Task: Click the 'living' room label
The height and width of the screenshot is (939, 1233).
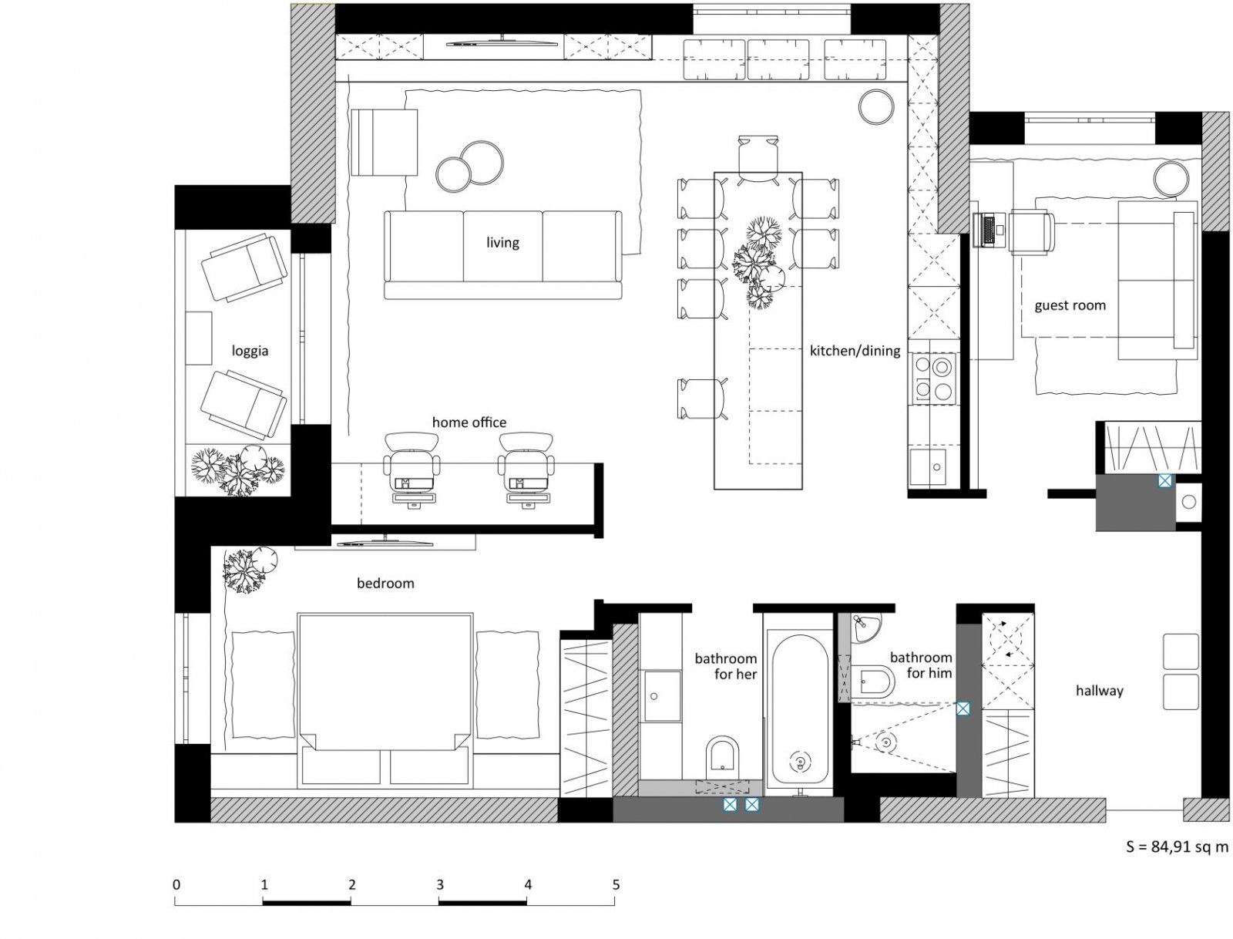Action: click(x=502, y=243)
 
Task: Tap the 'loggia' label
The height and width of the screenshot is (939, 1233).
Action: click(x=250, y=352)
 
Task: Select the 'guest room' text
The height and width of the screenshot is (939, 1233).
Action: click(x=1070, y=306)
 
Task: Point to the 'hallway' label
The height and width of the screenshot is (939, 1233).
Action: click(x=1100, y=691)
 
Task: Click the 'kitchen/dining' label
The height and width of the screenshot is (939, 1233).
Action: click(x=855, y=351)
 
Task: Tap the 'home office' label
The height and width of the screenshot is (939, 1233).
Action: click(x=469, y=422)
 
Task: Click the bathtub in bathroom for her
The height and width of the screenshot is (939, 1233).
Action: click(x=800, y=709)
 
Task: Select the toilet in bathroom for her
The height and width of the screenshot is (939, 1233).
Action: click(x=722, y=755)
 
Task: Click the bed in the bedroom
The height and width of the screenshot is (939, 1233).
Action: click(x=385, y=699)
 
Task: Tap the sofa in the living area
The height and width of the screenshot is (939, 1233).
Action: click(x=503, y=254)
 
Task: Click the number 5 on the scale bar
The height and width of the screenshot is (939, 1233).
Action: click(x=616, y=885)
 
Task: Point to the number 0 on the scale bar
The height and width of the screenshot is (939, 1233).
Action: click(x=176, y=885)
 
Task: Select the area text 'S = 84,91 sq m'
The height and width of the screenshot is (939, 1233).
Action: click(x=1177, y=847)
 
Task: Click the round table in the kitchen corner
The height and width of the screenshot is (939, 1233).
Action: click(x=876, y=106)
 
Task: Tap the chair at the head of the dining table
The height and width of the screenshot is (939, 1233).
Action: click(x=758, y=159)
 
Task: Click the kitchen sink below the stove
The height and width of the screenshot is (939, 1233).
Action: click(x=927, y=467)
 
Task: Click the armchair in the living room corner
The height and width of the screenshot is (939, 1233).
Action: click(x=385, y=143)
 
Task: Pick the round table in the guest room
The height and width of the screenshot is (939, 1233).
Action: click(x=1171, y=180)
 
